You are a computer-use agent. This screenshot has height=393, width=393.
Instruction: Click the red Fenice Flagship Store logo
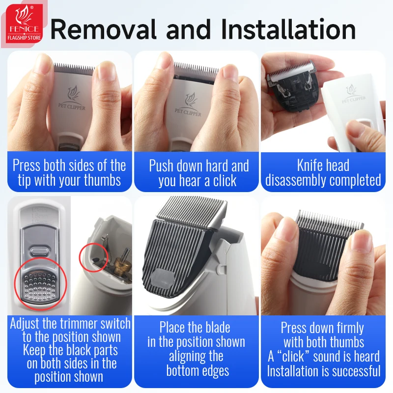(24, 25)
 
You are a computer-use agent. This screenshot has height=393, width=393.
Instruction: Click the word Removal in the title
(104, 29)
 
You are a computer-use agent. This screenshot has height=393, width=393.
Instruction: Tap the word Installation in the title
(288, 29)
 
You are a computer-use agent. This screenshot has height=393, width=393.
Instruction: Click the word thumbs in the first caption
(102, 180)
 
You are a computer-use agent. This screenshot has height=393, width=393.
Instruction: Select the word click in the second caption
(225, 180)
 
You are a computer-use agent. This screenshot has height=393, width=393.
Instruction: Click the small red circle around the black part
(94, 257)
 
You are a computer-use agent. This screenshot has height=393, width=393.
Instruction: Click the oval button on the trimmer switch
(39, 252)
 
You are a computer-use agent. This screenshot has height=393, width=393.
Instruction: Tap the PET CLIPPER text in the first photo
(72, 107)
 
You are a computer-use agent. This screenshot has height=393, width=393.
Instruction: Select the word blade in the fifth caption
(218, 328)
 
